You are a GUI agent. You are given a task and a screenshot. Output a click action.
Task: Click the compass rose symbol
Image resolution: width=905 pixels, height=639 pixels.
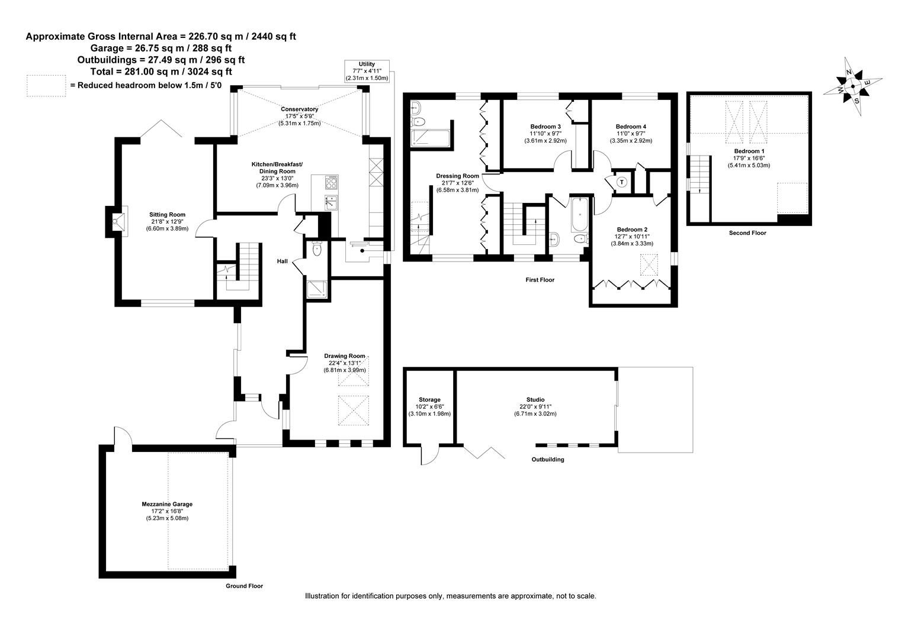pos(853,86)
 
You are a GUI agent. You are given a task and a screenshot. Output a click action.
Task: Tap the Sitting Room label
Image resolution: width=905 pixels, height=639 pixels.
pos(167,215)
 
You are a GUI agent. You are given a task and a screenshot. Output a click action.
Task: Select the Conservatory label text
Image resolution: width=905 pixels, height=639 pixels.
pos(299,109)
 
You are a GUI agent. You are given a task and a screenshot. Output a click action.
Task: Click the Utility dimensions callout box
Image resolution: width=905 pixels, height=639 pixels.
pos(367,71)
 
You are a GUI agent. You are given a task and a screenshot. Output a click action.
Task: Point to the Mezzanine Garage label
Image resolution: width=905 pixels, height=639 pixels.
pos(167,504)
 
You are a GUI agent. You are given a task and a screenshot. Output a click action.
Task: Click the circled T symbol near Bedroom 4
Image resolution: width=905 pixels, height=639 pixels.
pos(621,182)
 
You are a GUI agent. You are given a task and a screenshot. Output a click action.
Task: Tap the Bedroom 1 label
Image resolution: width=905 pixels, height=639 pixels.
pos(749,151)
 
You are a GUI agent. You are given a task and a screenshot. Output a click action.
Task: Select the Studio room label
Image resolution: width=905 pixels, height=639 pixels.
pos(535,400)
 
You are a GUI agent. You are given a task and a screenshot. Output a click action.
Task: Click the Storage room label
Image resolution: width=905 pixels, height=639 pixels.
pos(429,400)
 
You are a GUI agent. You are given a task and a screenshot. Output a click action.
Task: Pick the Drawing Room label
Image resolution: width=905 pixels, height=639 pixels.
pos(345,356)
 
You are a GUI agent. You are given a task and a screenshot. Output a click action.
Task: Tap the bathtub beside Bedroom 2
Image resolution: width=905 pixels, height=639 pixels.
pos(578,215)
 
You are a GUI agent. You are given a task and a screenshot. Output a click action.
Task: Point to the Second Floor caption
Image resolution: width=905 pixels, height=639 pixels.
pos(747,233)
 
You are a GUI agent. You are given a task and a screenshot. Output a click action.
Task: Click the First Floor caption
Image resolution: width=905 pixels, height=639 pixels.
pos(540,280)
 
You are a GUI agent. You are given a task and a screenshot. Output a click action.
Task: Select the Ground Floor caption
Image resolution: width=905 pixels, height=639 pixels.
pos(244,586)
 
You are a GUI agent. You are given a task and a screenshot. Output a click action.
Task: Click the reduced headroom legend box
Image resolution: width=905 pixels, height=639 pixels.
pos(46,85)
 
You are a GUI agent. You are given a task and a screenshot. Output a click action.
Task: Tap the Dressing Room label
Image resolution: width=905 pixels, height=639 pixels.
pos(457,176)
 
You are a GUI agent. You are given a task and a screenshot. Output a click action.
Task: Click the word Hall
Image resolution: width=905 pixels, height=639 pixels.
pos(283,261)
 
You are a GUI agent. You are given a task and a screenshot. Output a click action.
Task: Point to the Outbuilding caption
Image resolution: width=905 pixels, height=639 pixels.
pos(547,459)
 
